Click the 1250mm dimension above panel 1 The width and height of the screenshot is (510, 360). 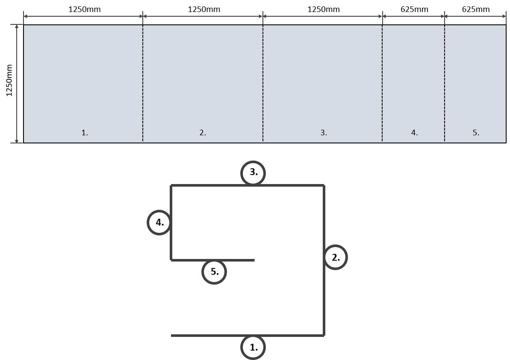click(x=85, y=9)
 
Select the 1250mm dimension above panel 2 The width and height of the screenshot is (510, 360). click(x=204, y=9)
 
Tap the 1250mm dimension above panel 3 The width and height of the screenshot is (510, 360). click(x=324, y=9)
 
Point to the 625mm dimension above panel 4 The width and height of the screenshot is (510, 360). click(x=414, y=9)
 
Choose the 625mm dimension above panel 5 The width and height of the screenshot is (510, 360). click(x=476, y=9)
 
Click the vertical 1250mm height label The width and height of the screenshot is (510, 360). click(x=9, y=80)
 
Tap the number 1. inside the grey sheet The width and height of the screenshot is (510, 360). click(x=85, y=133)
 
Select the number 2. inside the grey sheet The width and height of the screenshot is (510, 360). click(x=203, y=133)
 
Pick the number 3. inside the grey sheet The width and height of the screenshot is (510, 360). click(x=324, y=133)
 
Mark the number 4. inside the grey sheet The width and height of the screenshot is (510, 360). click(x=414, y=133)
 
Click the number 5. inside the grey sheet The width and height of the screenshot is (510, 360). click(x=476, y=133)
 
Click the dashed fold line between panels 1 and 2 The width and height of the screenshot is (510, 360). click(x=143, y=84)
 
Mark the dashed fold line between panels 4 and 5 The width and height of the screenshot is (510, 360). click(x=445, y=84)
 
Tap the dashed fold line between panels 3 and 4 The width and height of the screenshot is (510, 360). click(x=383, y=84)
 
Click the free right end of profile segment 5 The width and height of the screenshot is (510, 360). click(x=254, y=260)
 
